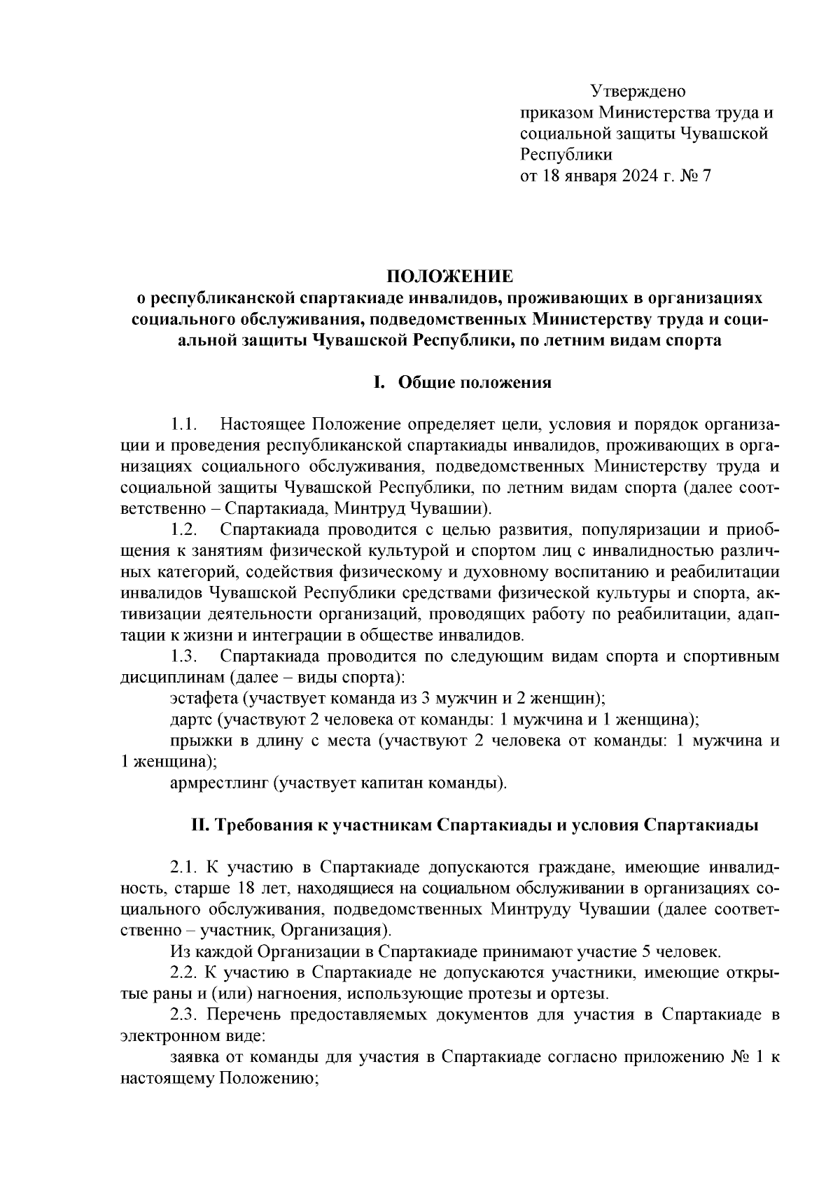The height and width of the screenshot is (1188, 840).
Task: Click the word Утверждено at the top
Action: click(x=638, y=92)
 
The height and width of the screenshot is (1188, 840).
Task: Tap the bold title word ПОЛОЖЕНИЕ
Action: click(x=450, y=276)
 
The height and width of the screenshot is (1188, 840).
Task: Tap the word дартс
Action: click(x=190, y=720)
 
